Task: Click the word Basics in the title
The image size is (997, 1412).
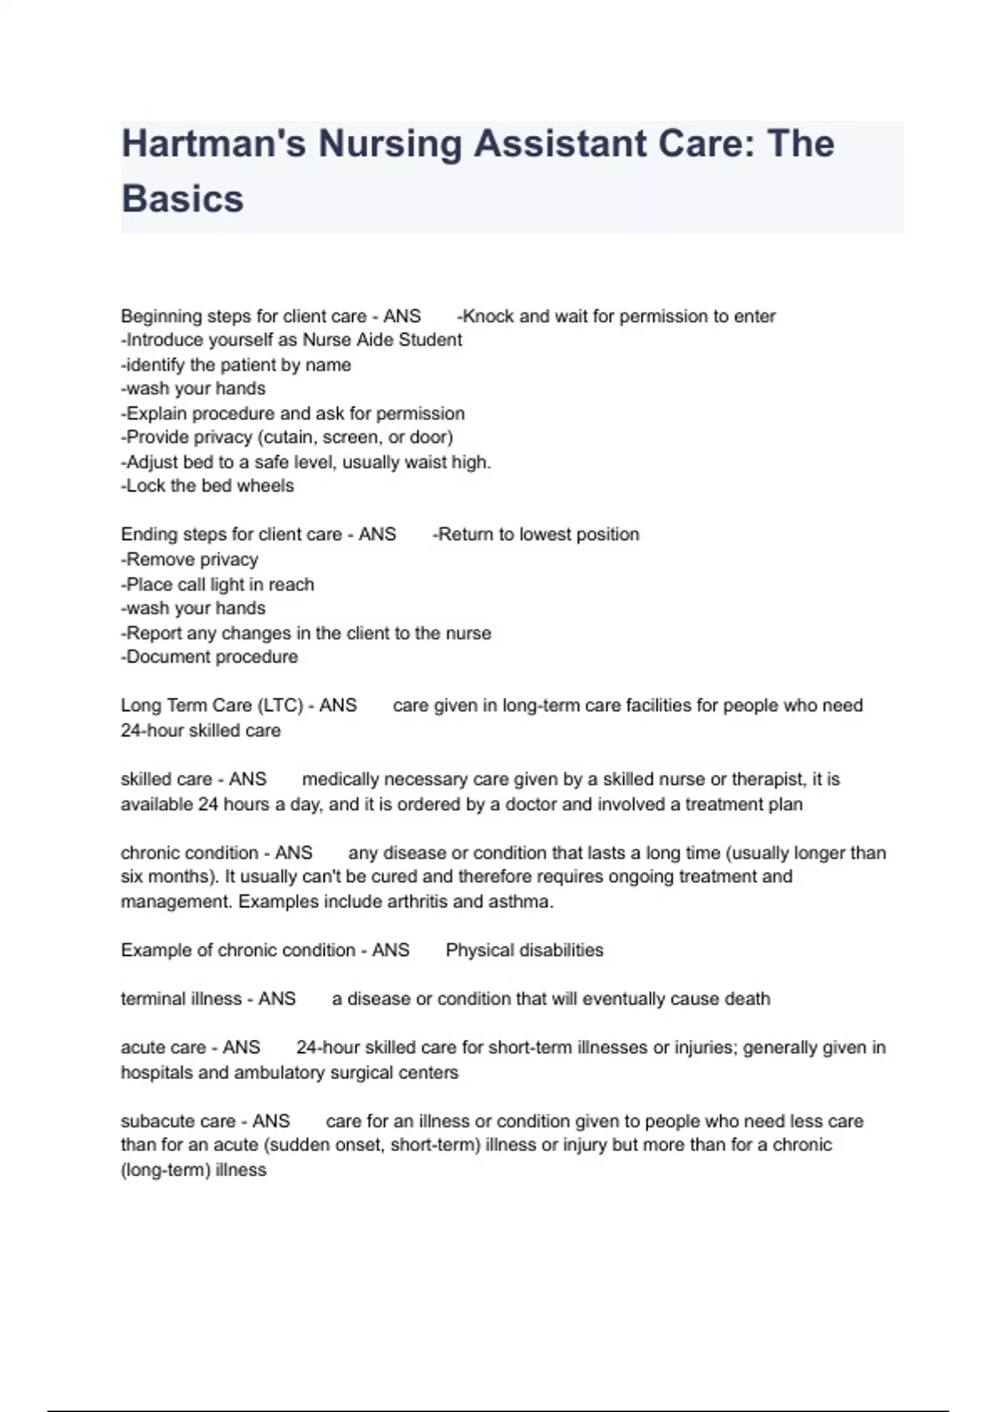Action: (183, 199)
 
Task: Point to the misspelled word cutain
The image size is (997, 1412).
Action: (290, 437)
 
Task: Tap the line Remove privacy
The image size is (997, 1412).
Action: (189, 559)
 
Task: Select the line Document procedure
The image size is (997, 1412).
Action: (209, 657)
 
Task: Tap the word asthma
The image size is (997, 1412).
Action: (523, 901)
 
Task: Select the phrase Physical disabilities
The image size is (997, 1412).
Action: (524, 950)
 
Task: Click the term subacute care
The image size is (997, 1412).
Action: (178, 1121)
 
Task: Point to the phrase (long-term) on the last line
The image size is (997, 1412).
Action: (165, 1170)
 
